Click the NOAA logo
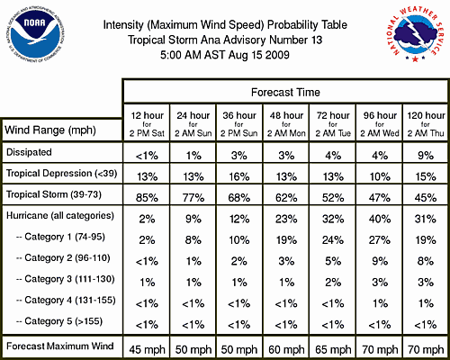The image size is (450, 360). point(35,35)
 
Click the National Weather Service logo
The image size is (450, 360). point(415,34)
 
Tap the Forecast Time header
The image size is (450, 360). point(285,92)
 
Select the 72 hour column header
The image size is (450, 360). point(333,124)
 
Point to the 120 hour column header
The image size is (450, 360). point(426,124)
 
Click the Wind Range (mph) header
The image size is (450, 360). point(50,130)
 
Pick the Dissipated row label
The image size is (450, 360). point(29,152)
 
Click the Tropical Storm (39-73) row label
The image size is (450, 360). point(54,194)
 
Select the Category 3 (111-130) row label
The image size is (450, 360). point(66,279)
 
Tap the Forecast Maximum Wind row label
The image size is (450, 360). point(60,346)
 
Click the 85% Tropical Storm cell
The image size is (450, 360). point(147,198)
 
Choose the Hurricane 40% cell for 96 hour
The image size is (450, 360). point(380,219)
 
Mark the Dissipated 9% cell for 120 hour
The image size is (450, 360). point(426,156)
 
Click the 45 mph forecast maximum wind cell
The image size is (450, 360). point(147,349)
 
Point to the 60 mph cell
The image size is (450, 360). point(286,349)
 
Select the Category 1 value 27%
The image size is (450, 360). point(380,240)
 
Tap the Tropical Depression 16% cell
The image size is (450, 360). point(239,176)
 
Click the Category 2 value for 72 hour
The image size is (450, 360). point(333,261)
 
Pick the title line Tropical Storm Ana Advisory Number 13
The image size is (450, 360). point(225,40)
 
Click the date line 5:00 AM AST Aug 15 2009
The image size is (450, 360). point(225,55)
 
